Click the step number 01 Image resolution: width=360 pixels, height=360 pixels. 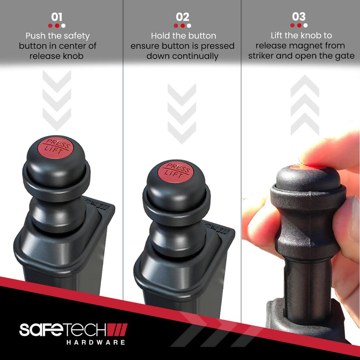click(57, 17)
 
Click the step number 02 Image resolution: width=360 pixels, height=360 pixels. click(182, 17)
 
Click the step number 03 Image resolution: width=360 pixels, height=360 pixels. click(299, 17)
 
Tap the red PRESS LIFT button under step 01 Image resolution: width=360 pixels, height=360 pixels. click(55, 147)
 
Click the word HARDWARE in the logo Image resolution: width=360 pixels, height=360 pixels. click(96, 343)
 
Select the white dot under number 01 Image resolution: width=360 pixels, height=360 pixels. click(63, 26)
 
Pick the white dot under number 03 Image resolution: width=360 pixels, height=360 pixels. click(305, 25)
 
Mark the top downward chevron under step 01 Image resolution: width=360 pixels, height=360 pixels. click(57, 81)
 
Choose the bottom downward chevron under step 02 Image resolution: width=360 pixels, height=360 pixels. click(182, 133)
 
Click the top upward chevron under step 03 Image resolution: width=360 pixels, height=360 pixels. click(305, 86)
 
